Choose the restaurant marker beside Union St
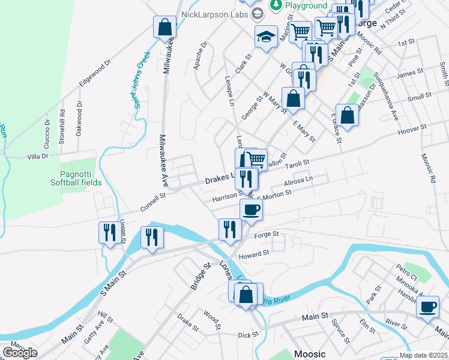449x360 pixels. click(x=109, y=232)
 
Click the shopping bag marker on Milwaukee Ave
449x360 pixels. click(x=164, y=28)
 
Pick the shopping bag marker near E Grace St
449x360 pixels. click(x=347, y=114)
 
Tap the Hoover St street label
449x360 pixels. click(x=411, y=129)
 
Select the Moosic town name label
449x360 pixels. click(x=310, y=354)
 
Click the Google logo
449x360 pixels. click(x=20, y=353)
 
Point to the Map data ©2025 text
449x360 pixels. click(x=415, y=355)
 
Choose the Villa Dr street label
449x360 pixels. click(x=37, y=157)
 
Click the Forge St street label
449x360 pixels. click(x=267, y=234)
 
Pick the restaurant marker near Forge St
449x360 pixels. click(x=229, y=229)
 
